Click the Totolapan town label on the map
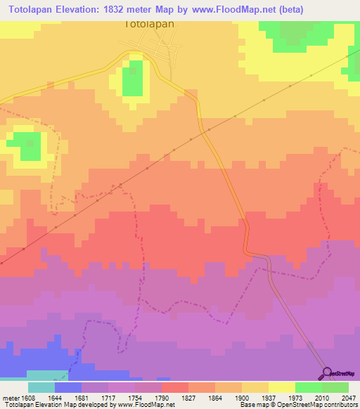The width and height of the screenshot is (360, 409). click(149, 22)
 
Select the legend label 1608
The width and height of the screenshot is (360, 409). click(27, 398)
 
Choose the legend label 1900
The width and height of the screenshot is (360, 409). click(242, 398)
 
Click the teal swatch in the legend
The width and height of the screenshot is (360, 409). click(41, 387)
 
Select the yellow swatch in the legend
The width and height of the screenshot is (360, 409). click(281, 387)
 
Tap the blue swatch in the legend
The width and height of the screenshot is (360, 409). click(67, 387)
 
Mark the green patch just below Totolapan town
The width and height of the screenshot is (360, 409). click(132, 78)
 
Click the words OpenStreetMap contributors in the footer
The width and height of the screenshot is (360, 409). click(328, 405)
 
